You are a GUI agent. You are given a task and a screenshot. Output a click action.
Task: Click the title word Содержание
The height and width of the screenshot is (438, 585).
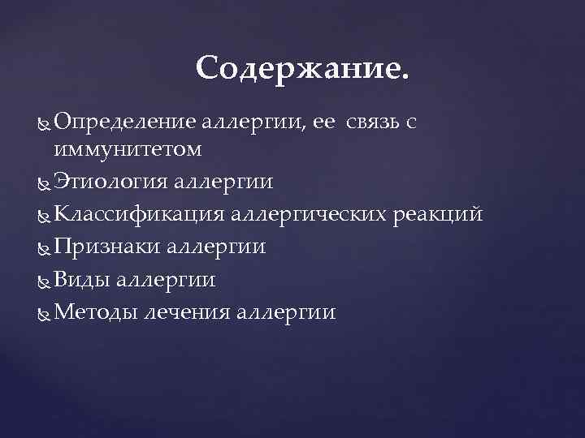pyautogui.click(x=303, y=69)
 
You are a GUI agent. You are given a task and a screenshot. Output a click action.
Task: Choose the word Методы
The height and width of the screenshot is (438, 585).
pyautogui.click(x=94, y=312)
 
